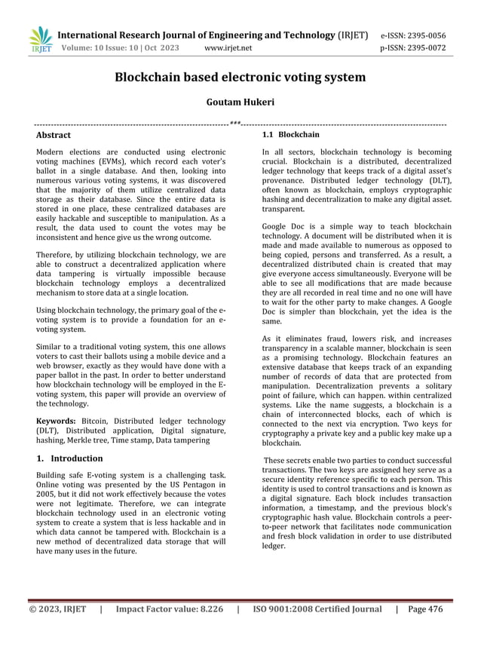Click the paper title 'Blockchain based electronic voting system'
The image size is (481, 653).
(240, 77)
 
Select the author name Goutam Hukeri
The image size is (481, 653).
(240, 100)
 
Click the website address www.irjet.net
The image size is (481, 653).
(228, 49)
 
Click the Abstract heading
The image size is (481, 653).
(54, 135)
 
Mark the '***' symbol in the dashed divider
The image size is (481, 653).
(235, 123)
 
